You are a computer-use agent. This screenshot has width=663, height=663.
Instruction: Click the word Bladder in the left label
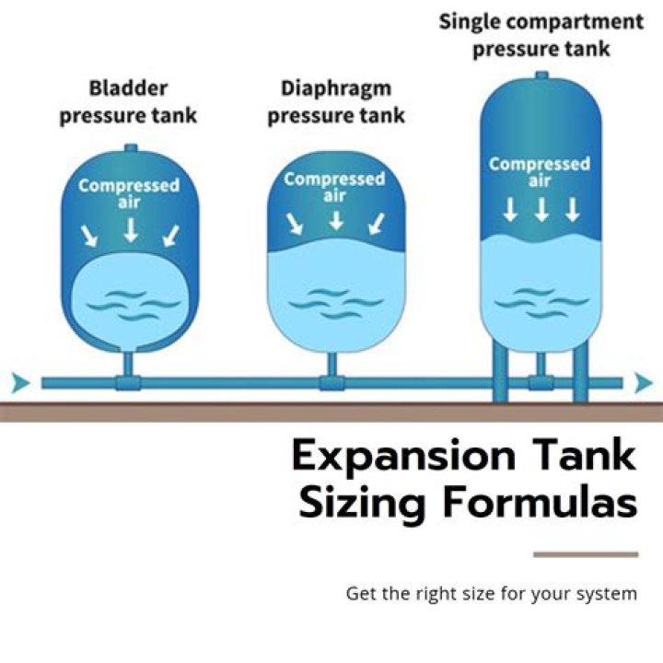(127, 89)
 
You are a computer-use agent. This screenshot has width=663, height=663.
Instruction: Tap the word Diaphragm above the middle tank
(335, 89)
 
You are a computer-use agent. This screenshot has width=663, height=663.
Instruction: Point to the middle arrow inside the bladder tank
(130, 229)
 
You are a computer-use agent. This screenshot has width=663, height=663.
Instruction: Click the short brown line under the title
(586, 554)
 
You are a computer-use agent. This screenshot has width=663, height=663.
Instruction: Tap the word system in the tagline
(606, 594)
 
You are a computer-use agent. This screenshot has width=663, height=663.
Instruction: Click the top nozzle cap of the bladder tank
(130, 147)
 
